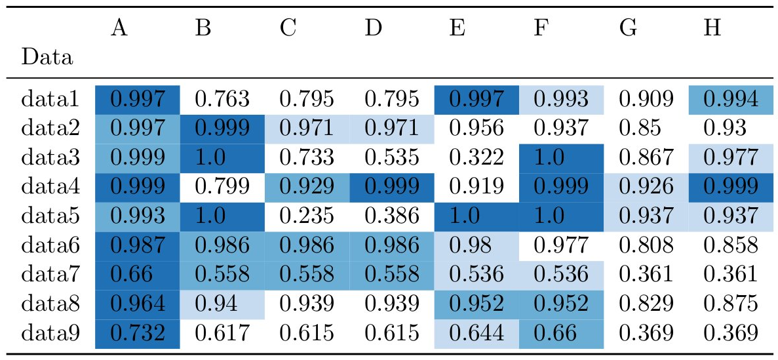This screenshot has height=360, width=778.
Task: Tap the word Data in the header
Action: [47, 58]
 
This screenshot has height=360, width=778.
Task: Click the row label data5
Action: [50, 216]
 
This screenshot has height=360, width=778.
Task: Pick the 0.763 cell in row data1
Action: [222, 100]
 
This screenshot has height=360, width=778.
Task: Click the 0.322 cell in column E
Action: [477, 158]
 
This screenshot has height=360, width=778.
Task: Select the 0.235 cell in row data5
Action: [307, 216]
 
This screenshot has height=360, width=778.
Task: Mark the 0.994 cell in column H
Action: [730, 100]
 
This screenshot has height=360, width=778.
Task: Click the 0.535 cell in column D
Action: [391, 158]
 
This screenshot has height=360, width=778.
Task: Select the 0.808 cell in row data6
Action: [646, 245]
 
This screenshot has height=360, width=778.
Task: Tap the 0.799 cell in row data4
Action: [222, 187]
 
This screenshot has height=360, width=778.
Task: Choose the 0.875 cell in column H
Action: [730, 304]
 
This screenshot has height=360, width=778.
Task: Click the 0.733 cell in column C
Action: [307, 158]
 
